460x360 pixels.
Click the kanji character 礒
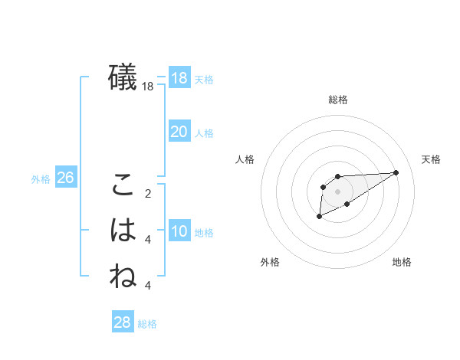click(123, 77)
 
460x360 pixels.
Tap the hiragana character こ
click(123, 185)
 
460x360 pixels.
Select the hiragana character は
click(123, 231)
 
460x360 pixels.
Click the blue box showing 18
click(179, 77)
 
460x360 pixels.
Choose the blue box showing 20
click(179, 132)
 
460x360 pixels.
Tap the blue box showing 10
click(179, 231)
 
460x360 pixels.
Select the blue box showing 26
click(65, 178)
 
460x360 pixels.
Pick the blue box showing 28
click(123, 322)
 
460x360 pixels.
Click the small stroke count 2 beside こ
click(148, 194)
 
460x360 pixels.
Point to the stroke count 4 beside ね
click(148, 285)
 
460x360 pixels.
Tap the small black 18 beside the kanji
click(148, 87)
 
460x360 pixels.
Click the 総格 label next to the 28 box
click(147, 323)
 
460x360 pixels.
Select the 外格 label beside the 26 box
click(41, 179)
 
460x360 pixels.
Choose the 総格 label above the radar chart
click(337, 100)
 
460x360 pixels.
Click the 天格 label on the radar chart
click(432, 159)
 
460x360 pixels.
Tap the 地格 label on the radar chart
click(402, 263)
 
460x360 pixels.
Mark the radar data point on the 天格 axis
click(396, 172)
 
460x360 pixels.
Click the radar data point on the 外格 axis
click(320, 217)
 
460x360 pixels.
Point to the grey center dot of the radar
click(337, 191)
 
